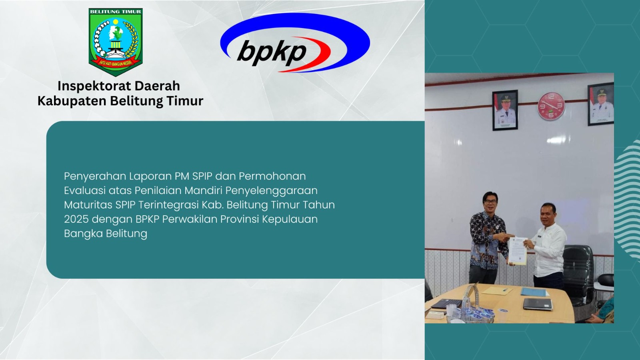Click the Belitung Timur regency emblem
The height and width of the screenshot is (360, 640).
[x=116, y=42]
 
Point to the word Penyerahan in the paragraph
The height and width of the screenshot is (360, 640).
[x=95, y=176]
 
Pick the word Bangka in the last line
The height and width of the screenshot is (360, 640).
[x=83, y=234]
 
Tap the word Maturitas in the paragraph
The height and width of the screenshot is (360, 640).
[x=88, y=204]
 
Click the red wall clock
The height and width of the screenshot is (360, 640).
[x=552, y=106]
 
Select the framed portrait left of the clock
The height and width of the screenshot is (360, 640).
[x=505, y=110]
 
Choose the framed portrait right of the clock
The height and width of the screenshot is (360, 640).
[x=601, y=104]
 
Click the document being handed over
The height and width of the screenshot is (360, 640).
[x=518, y=250]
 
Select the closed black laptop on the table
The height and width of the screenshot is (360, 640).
[x=538, y=304]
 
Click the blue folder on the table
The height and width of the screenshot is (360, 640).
[x=534, y=292]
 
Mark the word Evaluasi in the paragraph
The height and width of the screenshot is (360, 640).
[x=84, y=190]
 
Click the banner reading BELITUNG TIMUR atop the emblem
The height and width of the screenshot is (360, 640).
[x=116, y=12]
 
